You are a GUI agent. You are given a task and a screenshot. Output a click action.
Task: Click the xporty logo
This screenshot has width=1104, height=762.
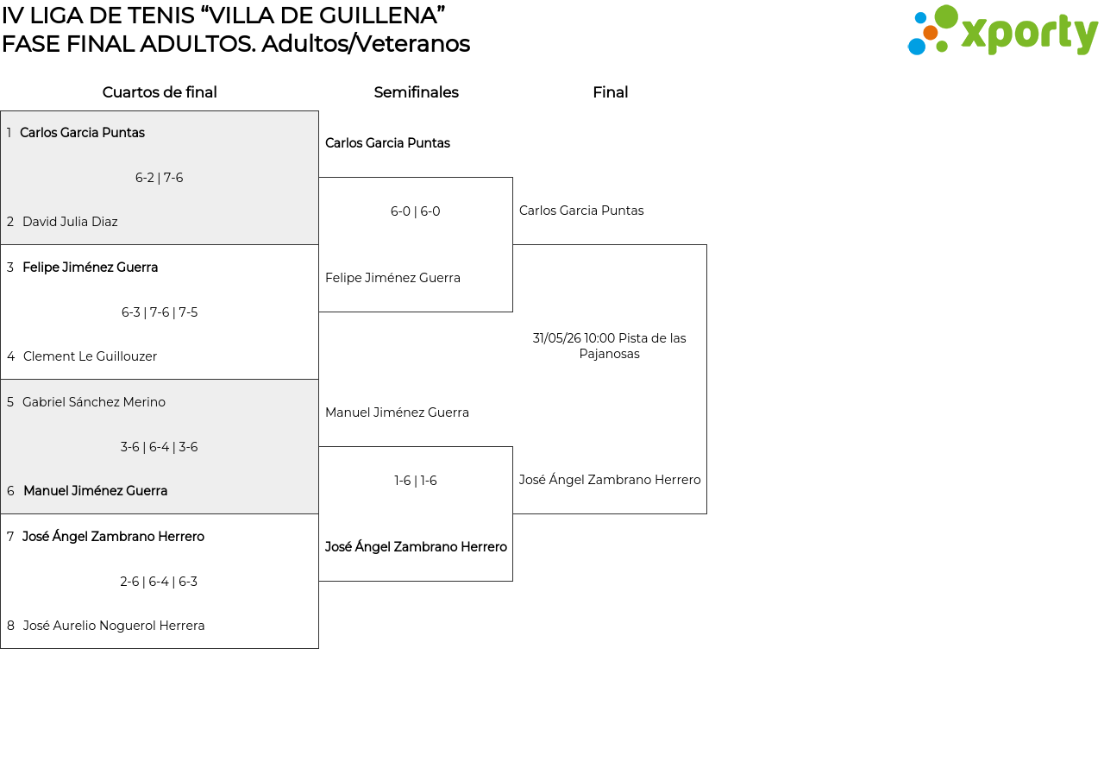1003,30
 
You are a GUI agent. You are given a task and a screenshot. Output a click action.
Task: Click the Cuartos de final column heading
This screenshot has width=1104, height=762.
160,92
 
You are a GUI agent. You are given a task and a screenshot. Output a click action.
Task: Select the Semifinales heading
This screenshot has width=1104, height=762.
416,92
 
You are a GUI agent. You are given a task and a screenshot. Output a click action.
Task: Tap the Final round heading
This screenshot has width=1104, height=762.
610,92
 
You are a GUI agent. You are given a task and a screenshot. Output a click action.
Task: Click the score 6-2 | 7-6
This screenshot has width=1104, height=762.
160,178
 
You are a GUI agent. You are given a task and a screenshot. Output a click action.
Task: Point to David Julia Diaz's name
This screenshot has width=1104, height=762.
70,222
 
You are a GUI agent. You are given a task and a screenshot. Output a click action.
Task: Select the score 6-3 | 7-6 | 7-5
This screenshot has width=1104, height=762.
160,312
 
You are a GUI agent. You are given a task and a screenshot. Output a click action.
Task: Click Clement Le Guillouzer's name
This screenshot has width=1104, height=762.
90,356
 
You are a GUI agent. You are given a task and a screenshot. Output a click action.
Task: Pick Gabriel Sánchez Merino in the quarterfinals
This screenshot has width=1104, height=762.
94,402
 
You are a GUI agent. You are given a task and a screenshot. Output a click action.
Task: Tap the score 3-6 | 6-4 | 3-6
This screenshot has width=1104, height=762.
160,447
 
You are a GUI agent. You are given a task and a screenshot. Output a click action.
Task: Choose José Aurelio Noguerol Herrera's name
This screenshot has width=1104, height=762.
113,626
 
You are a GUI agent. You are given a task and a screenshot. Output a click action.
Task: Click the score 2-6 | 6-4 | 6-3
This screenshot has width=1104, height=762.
159,582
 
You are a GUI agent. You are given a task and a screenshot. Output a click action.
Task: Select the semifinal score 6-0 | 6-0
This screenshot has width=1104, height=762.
416,211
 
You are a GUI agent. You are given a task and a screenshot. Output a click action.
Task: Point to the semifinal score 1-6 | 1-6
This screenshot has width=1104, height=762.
416,481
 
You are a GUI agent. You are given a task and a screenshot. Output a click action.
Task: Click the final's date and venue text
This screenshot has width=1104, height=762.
609,346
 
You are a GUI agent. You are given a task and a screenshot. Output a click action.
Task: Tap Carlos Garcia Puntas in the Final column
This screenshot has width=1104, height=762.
581,211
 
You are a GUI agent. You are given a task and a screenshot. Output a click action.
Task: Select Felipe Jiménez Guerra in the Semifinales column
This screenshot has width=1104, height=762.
392,278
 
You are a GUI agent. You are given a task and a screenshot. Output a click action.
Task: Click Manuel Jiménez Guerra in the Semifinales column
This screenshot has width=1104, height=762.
397,412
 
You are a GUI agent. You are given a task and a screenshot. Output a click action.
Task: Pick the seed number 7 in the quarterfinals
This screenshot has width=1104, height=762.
10,537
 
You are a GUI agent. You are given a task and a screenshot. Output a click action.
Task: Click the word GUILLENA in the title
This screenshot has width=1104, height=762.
377,16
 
